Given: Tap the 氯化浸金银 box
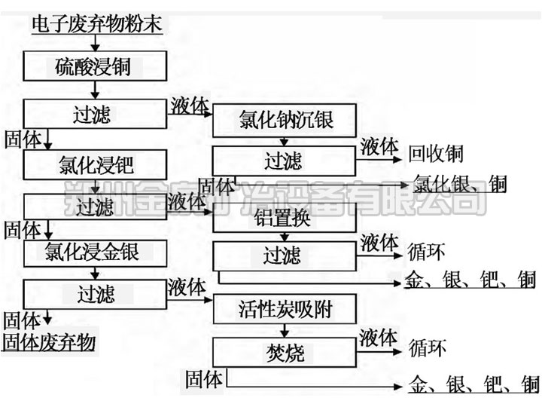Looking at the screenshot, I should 95,252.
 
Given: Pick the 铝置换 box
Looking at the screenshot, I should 285,220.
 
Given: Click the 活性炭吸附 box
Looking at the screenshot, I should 285,308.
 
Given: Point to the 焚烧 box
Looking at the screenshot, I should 285,351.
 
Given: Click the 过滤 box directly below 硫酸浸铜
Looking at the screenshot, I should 95,115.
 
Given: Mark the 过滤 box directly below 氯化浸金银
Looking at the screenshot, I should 95,292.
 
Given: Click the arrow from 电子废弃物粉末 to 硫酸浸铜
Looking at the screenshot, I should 93,42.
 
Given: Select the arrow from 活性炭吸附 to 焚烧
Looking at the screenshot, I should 285,329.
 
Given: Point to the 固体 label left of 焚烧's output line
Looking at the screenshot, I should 204,379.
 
